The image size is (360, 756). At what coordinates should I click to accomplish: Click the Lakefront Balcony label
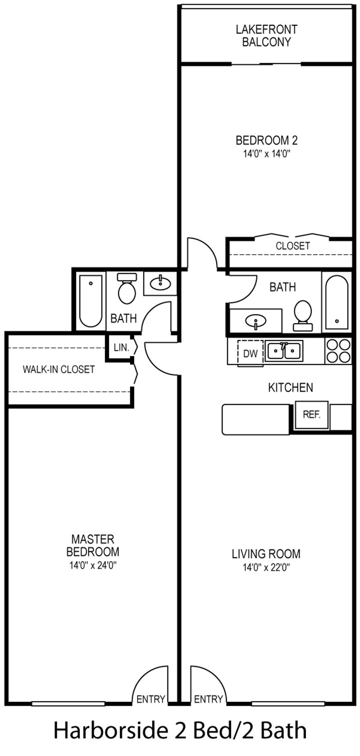pyautogui.click(x=266, y=35)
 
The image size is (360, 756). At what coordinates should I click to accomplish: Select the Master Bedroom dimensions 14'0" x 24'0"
pyautogui.click(x=93, y=565)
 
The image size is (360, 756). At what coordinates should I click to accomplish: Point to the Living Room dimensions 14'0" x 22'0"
pyautogui.click(x=266, y=567)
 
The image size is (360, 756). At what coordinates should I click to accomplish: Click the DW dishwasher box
pyautogui.click(x=250, y=353)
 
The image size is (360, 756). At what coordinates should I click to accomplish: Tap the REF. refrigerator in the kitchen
pyautogui.click(x=312, y=415)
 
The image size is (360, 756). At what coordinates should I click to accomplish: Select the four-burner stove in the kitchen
pyautogui.click(x=338, y=351)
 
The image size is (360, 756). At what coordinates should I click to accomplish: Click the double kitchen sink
pyautogui.click(x=284, y=351)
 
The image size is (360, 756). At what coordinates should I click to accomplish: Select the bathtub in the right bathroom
pyautogui.click(x=337, y=302)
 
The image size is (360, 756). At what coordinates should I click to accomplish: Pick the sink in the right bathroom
pyautogui.click(x=256, y=321)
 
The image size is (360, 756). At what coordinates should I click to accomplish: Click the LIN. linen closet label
pyautogui.click(x=121, y=348)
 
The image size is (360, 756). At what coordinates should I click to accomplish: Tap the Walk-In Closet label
pyautogui.click(x=59, y=369)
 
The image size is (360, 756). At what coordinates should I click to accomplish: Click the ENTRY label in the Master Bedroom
pyautogui.click(x=151, y=699)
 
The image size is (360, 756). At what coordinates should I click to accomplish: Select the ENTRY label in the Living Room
pyautogui.click(x=208, y=699)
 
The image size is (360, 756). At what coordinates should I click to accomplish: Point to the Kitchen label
pyautogui.click(x=291, y=387)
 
